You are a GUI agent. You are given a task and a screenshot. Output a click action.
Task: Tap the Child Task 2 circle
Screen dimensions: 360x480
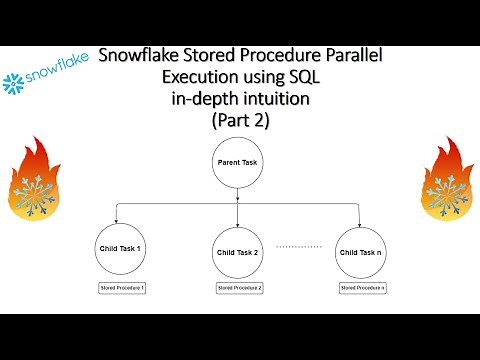pos(237,252)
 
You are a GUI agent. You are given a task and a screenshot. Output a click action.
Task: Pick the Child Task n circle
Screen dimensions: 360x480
pos(361,252)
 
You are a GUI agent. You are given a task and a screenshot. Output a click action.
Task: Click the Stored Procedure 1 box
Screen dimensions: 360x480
pos(122,288)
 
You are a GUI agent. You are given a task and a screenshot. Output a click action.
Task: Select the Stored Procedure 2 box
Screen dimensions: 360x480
pos(240,288)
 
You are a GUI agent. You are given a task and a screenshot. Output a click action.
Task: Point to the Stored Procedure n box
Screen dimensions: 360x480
pos(361,288)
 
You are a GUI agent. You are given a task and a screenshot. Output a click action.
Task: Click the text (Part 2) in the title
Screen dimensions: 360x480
pos(241,121)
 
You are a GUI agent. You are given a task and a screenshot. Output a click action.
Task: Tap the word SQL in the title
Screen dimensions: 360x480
pos(310,76)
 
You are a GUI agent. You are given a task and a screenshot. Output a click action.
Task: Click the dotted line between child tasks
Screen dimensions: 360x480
pos(298,245)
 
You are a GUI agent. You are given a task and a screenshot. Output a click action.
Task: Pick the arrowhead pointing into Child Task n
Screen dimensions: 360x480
pos(361,223)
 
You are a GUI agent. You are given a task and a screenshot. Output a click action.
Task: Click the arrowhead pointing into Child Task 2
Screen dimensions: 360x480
pos(237,223)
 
